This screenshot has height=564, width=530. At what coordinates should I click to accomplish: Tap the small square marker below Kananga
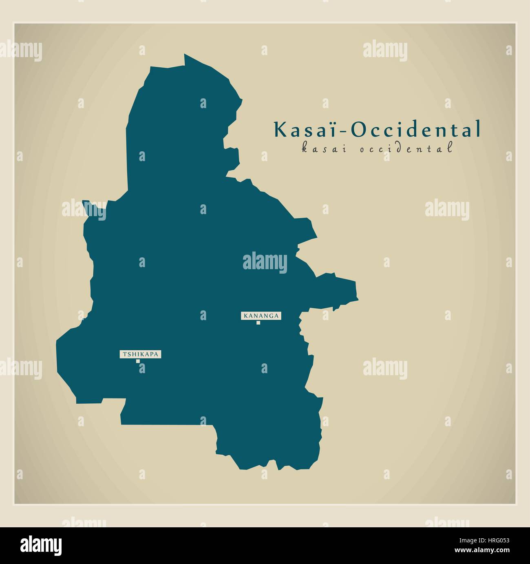pyautogui.click(x=258, y=323)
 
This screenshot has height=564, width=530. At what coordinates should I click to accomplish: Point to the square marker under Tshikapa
pyautogui.click(x=138, y=361)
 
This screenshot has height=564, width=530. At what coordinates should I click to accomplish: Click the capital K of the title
pyautogui.click(x=281, y=129)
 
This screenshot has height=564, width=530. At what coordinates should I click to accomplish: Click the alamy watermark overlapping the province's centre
pyautogui.click(x=265, y=262)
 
